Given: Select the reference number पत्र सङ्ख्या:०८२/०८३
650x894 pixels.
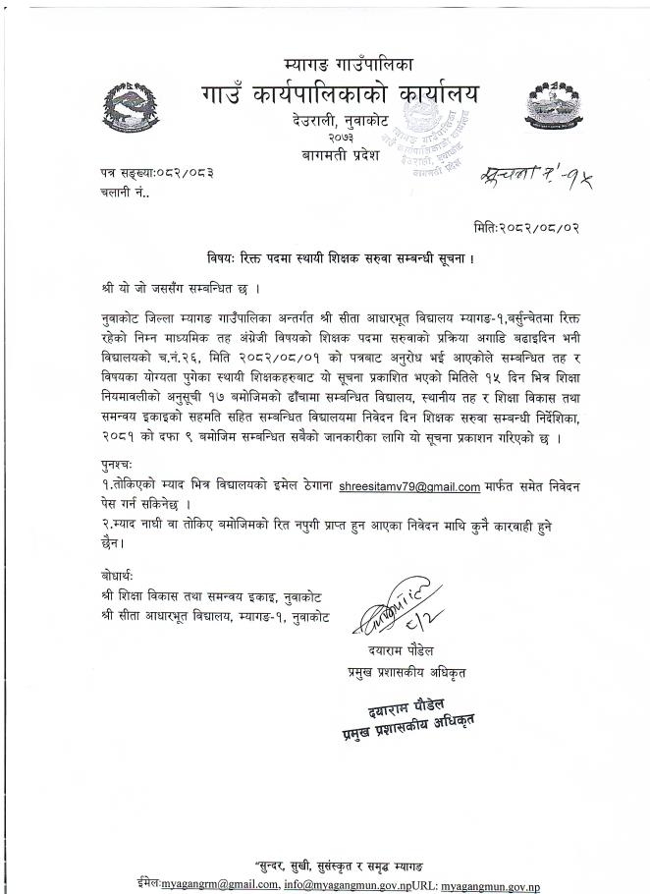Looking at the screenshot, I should click(x=156, y=172).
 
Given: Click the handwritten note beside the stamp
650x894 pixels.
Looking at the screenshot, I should click(x=536, y=179).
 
